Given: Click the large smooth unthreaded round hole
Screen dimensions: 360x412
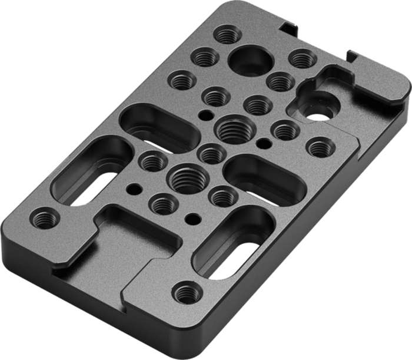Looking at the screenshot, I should [250, 60].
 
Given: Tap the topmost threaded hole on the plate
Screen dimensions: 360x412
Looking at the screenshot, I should [227, 34].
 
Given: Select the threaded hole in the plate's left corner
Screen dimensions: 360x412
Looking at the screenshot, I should [45, 219].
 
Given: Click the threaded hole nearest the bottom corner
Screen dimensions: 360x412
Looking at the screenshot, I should [187, 292].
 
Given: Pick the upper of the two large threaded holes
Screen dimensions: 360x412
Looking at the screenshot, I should [234, 129].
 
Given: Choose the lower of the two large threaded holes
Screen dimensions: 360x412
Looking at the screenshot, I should [188, 179].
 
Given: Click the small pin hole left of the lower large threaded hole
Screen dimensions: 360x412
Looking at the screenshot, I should [135, 189].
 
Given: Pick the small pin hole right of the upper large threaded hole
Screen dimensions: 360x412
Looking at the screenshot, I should [265, 143].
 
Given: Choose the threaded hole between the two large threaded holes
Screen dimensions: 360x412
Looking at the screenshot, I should [211, 154].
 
